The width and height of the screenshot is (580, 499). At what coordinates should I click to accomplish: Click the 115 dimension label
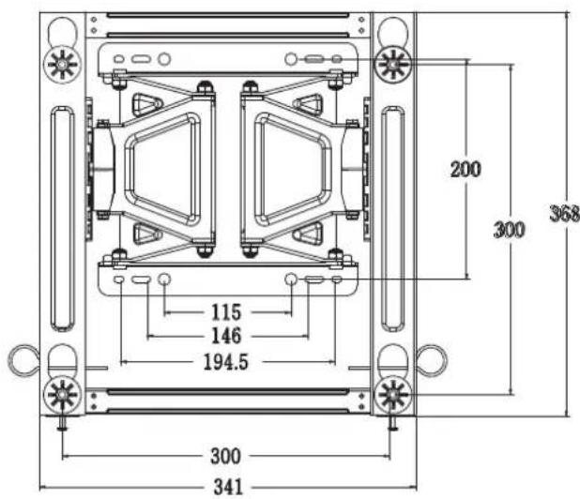coord(226,312)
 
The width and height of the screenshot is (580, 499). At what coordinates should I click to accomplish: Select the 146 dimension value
coord(226,336)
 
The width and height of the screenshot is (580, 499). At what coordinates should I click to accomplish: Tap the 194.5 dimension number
coord(226,362)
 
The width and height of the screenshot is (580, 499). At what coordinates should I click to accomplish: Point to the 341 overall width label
coord(228,487)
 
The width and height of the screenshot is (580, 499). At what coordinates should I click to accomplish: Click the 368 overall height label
coord(564,214)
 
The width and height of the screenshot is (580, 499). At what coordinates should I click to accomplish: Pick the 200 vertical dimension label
coord(466,169)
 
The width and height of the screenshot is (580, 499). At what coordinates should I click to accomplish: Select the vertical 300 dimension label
coord(510,230)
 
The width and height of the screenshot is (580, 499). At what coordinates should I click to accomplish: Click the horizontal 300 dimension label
coord(225,456)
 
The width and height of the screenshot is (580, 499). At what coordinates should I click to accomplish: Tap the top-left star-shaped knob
coord(62,65)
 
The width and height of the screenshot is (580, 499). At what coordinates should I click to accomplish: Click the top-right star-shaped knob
coord(392,65)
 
